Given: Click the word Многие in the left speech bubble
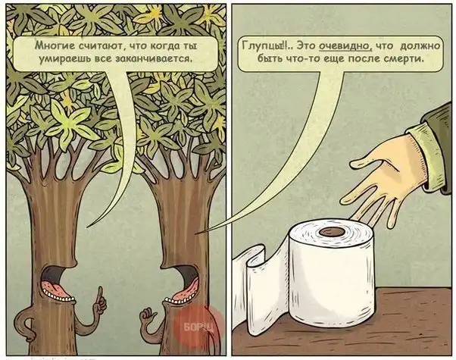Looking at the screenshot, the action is [x=52, y=45].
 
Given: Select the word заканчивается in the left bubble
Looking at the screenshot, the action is [x=154, y=59].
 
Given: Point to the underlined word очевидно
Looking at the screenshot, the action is [x=344, y=45].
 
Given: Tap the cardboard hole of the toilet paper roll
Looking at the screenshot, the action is [x=332, y=232].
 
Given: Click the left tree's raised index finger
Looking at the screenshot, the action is [x=100, y=293].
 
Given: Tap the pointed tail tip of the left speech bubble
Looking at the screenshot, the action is [x=87, y=227].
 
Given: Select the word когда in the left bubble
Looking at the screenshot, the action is [x=166, y=45].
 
